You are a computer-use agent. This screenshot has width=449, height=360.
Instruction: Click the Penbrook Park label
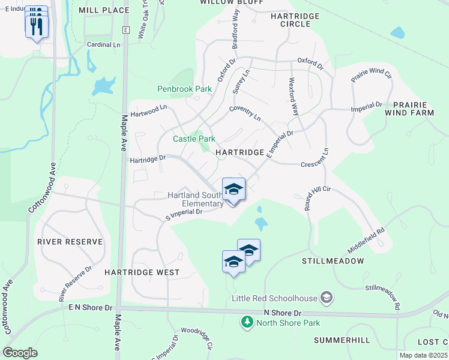click(x=185, y=89)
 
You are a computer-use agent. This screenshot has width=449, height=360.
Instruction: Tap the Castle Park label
click(x=194, y=139)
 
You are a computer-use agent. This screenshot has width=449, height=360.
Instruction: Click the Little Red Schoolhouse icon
click(x=327, y=296)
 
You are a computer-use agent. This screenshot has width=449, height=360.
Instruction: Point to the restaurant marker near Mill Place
click(x=37, y=25)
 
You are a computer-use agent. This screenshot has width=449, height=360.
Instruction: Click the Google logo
click(x=20, y=353)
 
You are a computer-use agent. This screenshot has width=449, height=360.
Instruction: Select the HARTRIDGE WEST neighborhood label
click(x=142, y=272)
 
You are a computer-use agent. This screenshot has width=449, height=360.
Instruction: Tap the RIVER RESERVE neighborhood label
click(x=70, y=242)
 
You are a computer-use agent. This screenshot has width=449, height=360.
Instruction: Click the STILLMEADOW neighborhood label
click(x=333, y=261)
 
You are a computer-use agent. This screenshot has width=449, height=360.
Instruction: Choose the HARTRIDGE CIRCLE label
click(x=291, y=20)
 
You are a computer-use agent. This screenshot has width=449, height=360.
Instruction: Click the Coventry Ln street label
click(x=246, y=112)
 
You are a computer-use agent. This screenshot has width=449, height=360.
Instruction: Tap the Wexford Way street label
click(x=294, y=96)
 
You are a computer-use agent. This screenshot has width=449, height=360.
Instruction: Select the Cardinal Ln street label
click(x=103, y=45)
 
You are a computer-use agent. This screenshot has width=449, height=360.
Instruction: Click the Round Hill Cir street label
click(x=317, y=197)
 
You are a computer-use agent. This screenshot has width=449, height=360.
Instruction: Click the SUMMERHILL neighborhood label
click(x=342, y=340)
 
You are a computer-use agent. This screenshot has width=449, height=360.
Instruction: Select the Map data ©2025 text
click(x=424, y=356)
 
